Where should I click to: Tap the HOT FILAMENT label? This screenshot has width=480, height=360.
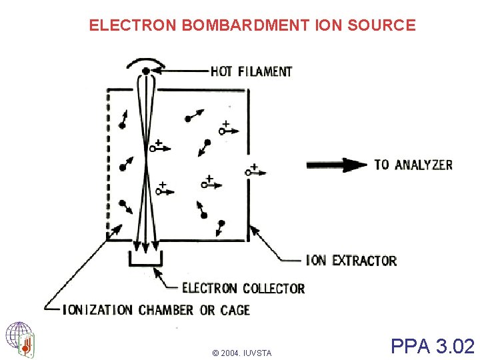251,71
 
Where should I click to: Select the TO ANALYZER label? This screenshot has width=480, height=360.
413,164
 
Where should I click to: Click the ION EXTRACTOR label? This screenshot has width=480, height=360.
351,260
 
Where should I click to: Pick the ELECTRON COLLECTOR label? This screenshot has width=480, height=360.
243,289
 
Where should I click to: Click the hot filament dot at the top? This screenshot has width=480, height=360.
145,70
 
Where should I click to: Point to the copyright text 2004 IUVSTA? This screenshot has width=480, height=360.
241,353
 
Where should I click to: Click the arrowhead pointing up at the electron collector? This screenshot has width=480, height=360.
157,271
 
